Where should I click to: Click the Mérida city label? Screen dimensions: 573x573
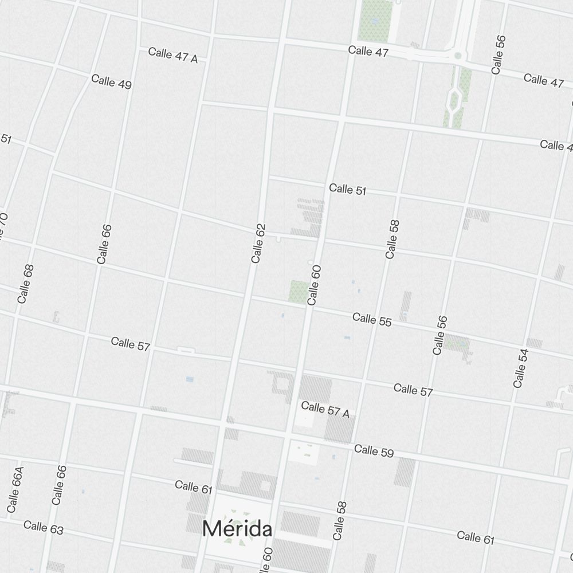click(237, 529)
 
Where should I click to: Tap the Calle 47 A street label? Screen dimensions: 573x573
click(172, 56)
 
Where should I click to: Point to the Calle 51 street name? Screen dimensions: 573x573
click(347, 189)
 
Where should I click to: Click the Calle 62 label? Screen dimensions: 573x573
click(258, 244)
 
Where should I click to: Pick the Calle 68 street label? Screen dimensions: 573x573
click(26, 284)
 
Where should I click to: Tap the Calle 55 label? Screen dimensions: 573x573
click(372, 320)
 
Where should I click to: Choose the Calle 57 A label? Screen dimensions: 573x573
click(325, 410)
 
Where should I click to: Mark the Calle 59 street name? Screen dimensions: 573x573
click(374, 451)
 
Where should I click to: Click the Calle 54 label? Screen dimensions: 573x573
click(520, 367)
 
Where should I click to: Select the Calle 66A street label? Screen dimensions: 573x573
click(15, 489)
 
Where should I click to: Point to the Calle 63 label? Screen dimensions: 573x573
click(44, 527)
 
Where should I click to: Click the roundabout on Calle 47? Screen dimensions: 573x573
click(457, 56)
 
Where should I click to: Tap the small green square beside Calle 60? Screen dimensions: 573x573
click(298, 291)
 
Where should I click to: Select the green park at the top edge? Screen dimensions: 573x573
click(375, 20)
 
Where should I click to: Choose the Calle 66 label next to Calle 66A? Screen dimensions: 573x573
click(58, 485)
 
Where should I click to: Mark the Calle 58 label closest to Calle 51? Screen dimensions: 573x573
click(393, 239)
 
